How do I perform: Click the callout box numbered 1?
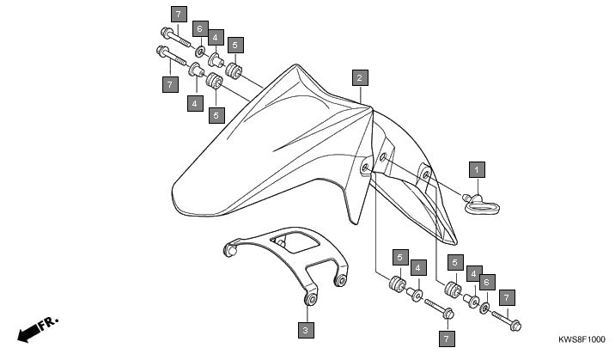click(477, 170)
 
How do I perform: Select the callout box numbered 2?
click(360, 77)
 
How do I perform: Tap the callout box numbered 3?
click(306, 330)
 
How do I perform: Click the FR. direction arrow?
click(38, 329)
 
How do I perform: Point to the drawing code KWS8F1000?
click(582, 339)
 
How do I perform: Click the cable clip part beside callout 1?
click(480, 204)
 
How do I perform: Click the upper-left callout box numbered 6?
click(200, 28)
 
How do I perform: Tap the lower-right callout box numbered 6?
click(487, 282)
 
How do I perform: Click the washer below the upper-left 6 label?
click(200, 51)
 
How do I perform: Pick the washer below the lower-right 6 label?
click(484, 308)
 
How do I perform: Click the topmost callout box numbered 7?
click(179, 14)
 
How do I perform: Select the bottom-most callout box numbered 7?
click(447, 339)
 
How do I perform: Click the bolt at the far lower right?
click(507, 320)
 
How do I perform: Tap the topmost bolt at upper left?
click(176, 36)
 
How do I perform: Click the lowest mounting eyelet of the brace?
click(312, 300)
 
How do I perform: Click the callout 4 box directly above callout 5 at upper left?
click(216, 37)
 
